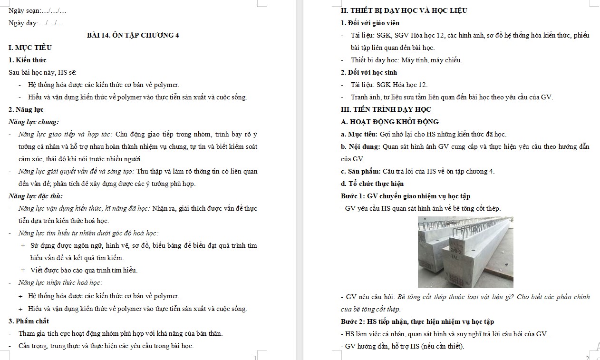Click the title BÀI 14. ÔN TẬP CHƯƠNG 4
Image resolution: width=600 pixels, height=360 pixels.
point(133,35)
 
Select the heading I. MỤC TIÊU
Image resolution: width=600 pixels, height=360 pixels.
point(30,48)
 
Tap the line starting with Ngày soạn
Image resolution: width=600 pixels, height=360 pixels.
point(37,11)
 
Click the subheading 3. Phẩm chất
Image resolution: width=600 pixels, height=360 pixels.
point(29,321)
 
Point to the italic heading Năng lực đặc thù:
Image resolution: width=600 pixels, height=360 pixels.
point(36,196)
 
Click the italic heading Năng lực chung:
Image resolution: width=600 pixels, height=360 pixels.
point(34,122)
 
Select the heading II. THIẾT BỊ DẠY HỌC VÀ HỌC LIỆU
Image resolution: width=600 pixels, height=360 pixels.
point(404,10)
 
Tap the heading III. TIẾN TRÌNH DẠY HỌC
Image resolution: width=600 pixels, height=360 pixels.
point(386,109)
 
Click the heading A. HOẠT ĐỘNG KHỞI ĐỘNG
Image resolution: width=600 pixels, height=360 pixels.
point(390,122)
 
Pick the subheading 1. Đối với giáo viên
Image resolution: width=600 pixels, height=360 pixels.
point(370,23)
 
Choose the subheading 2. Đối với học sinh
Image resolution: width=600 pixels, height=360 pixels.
point(369,72)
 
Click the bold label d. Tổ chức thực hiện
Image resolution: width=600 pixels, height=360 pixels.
point(372,184)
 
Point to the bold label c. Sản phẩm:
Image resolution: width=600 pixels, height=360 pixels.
point(360,171)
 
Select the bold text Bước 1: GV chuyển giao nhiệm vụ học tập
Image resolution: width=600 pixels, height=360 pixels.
point(406,196)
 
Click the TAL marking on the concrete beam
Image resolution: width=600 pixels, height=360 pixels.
point(455,257)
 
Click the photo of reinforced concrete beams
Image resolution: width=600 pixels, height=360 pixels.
point(465,253)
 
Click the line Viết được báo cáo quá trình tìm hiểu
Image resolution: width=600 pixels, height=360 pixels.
point(84,270)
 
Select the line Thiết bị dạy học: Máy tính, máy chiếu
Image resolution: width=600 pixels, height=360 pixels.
point(406,60)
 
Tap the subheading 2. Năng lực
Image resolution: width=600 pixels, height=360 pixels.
point(26,109)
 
